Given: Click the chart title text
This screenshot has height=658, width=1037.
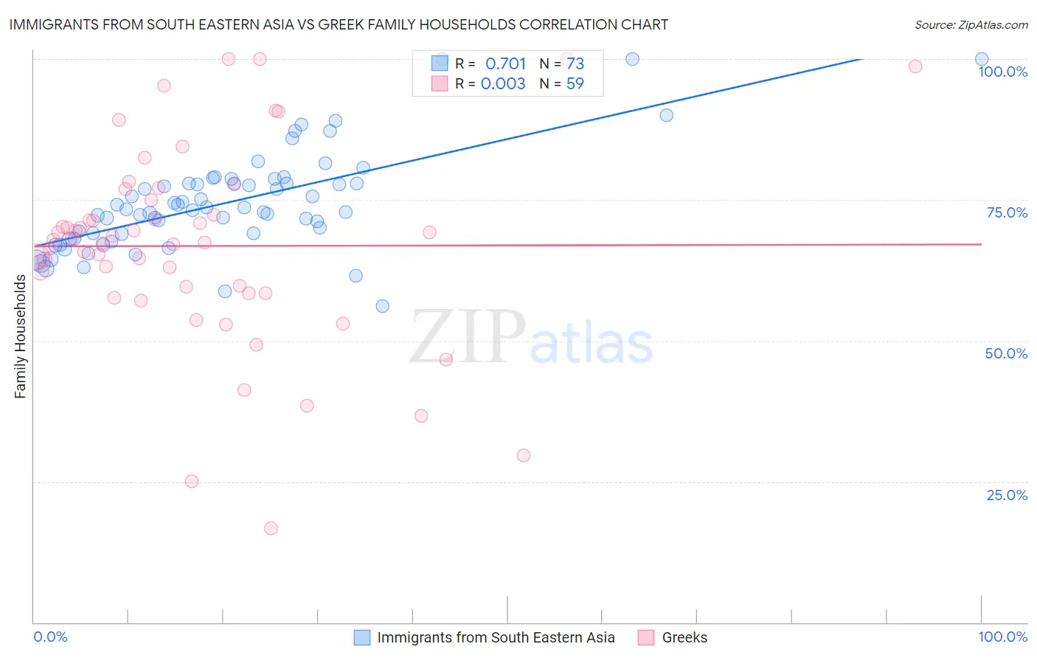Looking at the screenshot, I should pos(339,24).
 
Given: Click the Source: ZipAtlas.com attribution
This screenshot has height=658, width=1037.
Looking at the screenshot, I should pos(971,24).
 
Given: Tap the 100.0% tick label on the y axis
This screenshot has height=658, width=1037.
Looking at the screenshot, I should pos(1002,72).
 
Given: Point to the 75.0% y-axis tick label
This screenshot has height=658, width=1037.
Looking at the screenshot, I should pos(1007,212).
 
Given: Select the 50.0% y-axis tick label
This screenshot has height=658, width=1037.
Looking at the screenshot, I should pos(1006,353).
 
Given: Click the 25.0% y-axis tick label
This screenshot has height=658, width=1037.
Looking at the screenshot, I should pos(1007,495).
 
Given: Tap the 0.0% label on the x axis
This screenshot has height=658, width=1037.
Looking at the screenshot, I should pos(50,637).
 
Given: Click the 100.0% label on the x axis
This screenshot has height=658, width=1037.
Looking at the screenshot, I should pos(1002,637).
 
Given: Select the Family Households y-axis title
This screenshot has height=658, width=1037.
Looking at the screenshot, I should pos(20,336).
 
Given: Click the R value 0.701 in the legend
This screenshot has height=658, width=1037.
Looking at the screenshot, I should pos(505,64).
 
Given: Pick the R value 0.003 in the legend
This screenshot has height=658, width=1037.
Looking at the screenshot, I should pos(503,84).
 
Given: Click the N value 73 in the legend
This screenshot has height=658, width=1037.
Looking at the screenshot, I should pos(575,64).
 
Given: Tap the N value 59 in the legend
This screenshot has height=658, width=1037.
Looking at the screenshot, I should pos(575,84).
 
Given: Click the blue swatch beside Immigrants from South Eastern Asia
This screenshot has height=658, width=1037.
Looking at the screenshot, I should pos(362,637).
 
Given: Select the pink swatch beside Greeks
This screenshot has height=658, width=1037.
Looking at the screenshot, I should pos(646,637).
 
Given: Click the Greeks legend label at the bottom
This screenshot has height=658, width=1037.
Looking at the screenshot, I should pos(684,637).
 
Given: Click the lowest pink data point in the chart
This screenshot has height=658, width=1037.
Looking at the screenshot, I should pos(271,528).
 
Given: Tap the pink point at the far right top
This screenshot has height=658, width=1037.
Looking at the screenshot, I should pos(915,66).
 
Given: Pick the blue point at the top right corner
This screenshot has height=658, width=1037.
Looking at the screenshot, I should pos(982,59).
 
